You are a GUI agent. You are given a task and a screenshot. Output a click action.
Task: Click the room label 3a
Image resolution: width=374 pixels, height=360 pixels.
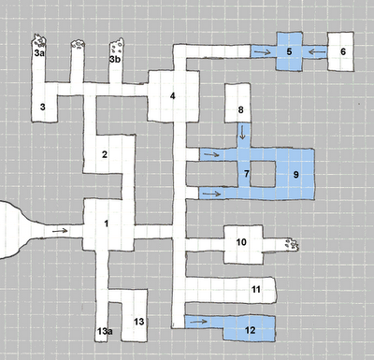(x=39, y=53)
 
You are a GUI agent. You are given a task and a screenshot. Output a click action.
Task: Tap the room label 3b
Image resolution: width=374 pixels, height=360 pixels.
(x=115, y=59)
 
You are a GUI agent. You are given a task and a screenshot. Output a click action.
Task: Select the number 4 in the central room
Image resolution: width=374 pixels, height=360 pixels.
(x=172, y=96)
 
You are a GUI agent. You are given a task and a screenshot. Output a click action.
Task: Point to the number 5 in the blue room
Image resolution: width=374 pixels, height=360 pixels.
(x=289, y=51)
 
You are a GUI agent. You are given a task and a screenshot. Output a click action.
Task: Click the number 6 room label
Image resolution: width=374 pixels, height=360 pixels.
(x=343, y=51)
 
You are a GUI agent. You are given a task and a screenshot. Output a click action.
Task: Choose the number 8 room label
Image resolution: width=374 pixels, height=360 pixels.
(x=240, y=109)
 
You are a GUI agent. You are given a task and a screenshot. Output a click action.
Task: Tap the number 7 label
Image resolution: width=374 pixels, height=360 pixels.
(x=247, y=174)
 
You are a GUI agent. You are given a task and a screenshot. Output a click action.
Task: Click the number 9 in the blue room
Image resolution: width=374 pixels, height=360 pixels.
(x=295, y=175)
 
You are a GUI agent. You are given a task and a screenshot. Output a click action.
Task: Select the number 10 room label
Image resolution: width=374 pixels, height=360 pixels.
(x=241, y=242)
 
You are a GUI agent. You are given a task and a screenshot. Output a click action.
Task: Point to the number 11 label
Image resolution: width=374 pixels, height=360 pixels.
(x=256, y=289)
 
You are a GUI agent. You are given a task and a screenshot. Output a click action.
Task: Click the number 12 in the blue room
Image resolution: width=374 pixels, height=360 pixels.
(x=251, y=330)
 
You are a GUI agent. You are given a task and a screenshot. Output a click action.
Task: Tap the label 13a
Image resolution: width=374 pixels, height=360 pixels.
(x=105, y=331)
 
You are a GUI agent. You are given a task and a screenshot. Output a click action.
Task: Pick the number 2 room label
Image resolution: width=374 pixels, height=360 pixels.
(x=105, y=154)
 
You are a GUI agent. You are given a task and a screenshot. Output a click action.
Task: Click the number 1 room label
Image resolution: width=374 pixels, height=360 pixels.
(x=107, y=223)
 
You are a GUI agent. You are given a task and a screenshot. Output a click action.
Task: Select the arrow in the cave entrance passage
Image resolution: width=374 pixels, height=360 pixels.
(x=60, y=231)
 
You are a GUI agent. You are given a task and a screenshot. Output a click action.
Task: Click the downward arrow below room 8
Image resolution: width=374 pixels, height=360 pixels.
(x=242, y=132)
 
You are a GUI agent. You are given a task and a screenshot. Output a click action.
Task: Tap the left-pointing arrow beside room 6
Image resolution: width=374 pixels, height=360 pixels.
(x=318, y=51)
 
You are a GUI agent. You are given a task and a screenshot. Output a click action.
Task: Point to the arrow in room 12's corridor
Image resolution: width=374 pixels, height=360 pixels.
(x=198, y=322)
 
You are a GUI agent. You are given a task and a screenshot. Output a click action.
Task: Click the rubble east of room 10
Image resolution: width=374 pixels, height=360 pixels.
(x=292, y=244)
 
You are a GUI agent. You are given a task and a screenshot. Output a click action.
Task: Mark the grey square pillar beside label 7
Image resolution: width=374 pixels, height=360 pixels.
(x=263, y=174)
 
